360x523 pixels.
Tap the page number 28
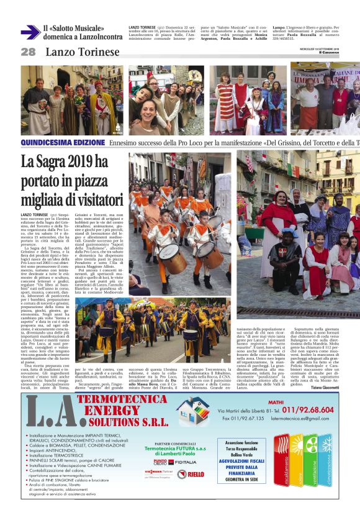point(28,52)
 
